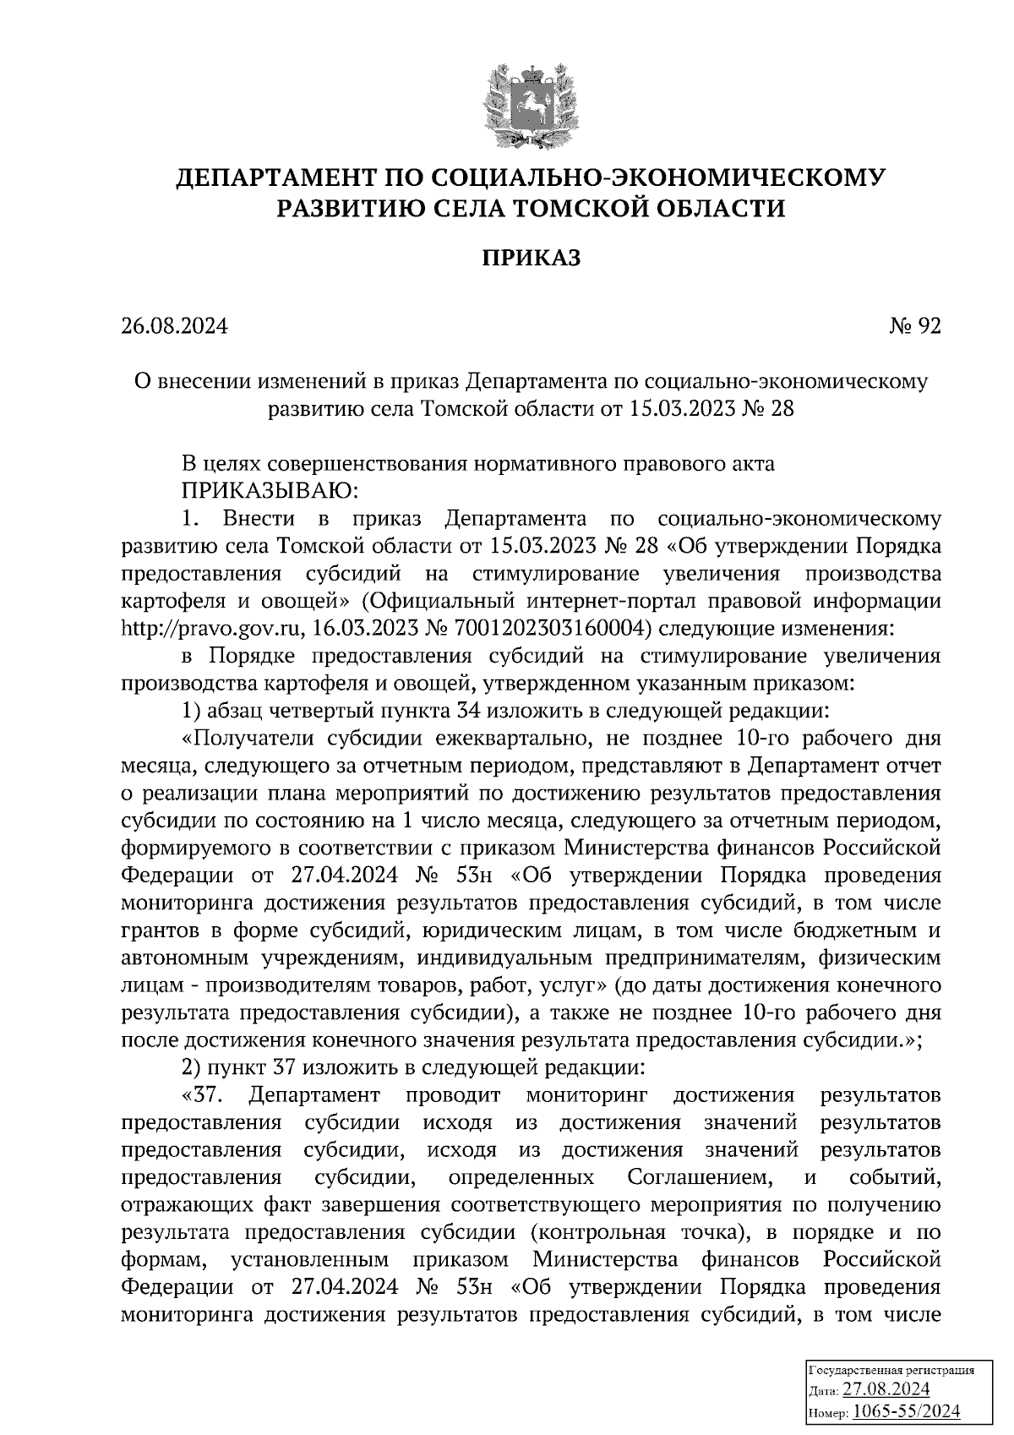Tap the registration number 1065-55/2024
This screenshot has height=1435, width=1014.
(906, 1411)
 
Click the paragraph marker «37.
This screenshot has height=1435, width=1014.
(201, 1096)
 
